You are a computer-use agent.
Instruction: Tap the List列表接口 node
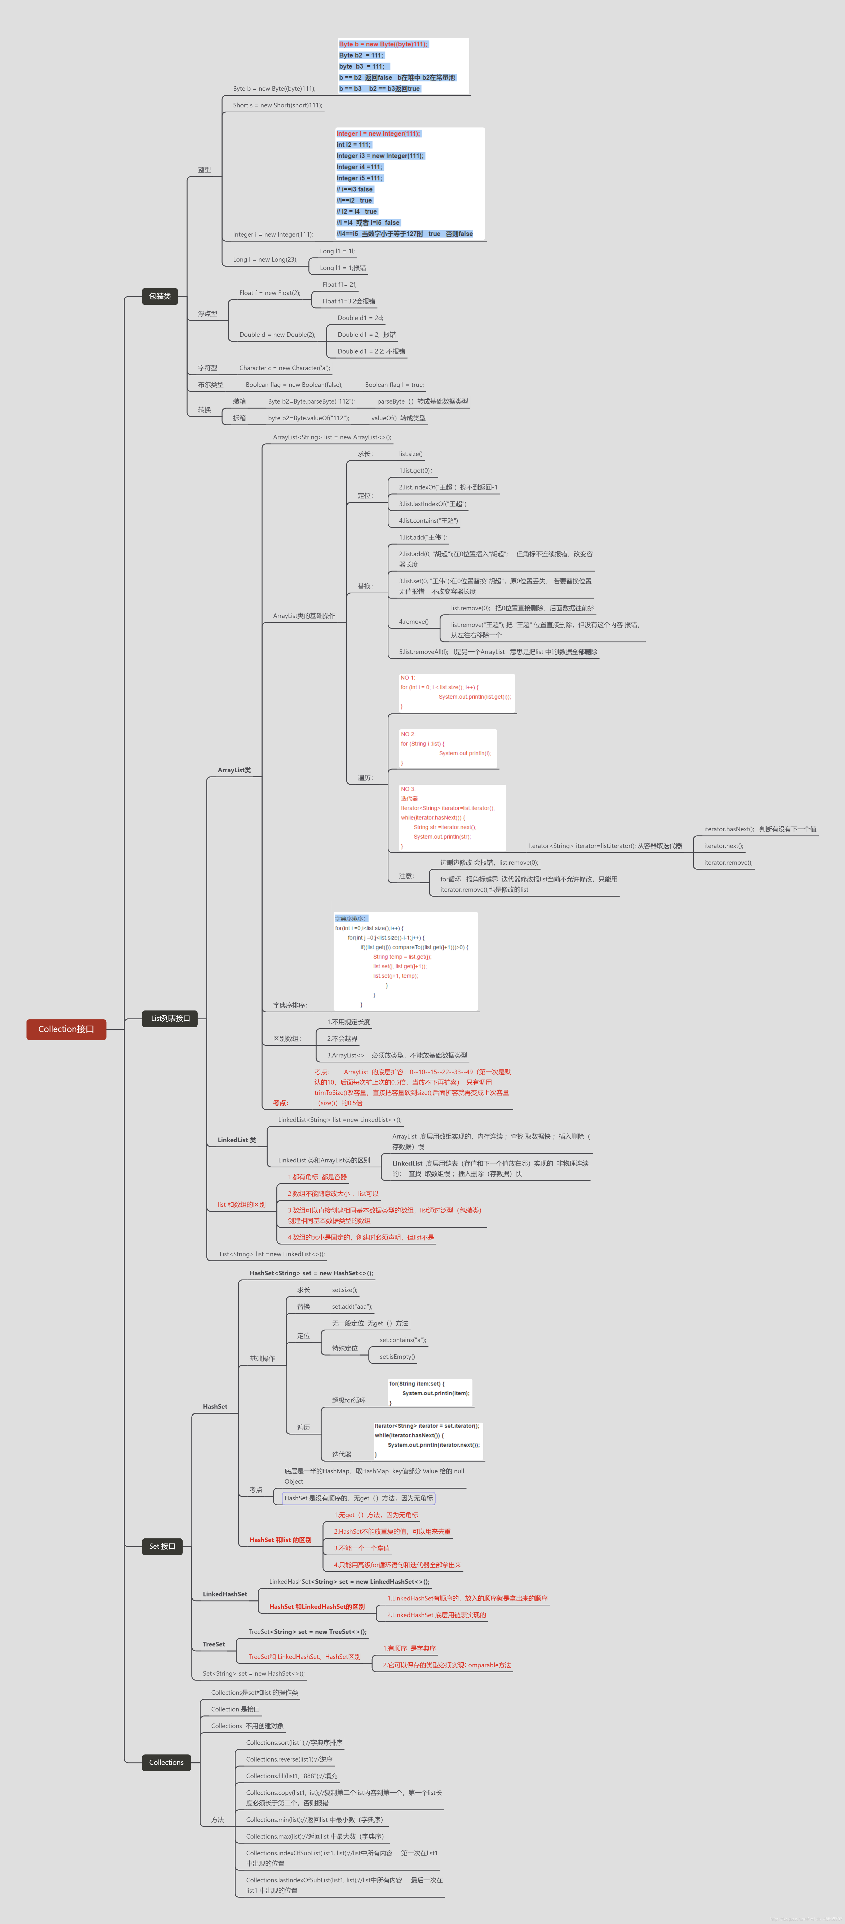click(170, 1018)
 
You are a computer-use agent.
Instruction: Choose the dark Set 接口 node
click(162, 1546)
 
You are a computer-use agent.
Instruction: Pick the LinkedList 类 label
click(237, 1140)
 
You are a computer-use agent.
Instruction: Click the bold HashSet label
click(215, 1406)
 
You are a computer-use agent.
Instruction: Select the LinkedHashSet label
click(225, 1594)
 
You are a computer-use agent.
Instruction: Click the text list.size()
click(410, 454)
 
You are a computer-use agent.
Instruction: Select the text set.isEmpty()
click(397, 1356)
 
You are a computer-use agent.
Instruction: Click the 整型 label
click(205, 170)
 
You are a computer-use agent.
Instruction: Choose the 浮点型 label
click(207, 314)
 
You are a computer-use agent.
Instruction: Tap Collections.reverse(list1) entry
click(290, 1759)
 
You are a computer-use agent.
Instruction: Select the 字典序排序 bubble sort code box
click(405, 961)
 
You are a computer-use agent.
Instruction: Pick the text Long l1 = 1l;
click(337, 251)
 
